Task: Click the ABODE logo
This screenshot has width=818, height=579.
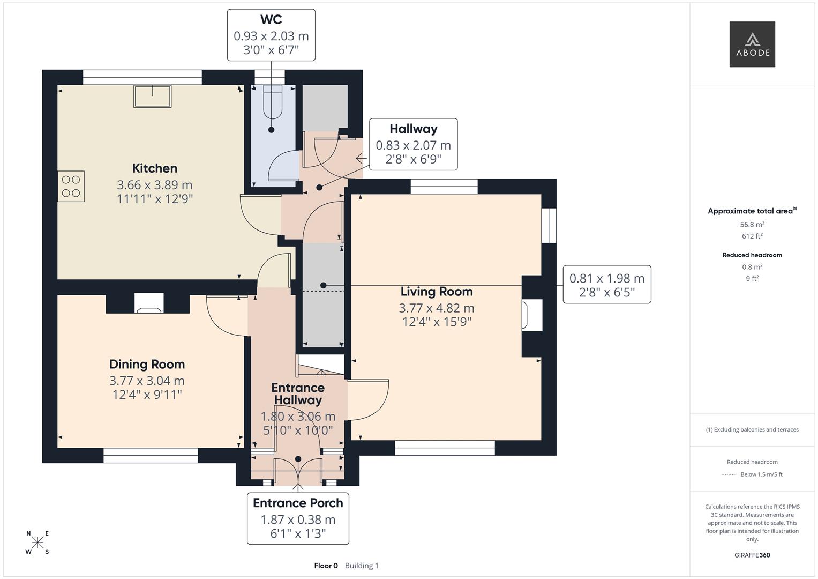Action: coord(752,44)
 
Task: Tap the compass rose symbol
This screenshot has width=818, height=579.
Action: coord(37,543)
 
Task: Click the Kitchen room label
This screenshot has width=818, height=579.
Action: coord(155,168)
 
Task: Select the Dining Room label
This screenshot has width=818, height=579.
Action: coord(147,364)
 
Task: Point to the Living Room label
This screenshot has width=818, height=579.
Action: coord(437,291)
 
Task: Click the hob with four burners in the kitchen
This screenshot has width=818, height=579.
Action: coord(71,186)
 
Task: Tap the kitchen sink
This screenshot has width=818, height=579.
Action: coord(153,96)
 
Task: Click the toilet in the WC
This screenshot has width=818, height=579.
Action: coord(273,102)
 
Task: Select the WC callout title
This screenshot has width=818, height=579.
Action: coord(272,19)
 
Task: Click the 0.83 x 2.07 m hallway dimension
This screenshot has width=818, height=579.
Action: coord(414,145)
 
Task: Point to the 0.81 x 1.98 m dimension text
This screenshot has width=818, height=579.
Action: coord(607,279)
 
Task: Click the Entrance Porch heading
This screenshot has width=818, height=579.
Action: coord(298,503)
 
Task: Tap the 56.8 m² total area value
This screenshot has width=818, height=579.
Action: coord(752,224)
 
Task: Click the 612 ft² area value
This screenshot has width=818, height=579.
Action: coord(752,236)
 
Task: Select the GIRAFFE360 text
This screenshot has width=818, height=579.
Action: coord(752,555)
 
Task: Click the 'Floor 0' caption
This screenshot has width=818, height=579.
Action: coord(326,566)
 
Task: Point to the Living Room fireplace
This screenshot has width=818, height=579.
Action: coord(532,315)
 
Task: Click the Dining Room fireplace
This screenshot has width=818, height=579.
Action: coord(148,303)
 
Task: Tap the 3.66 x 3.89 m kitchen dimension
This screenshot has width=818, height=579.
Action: coord(154,185)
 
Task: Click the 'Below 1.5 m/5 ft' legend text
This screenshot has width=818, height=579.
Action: coord(761,474)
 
